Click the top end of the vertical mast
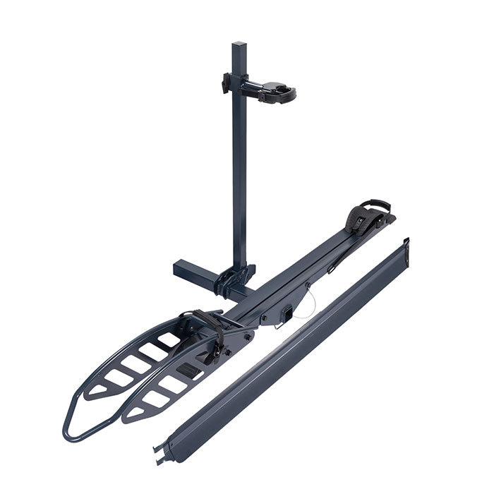[x=241, y=47]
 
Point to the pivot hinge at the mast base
[x=237, y=279]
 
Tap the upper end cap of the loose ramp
[x=404, y=248]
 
